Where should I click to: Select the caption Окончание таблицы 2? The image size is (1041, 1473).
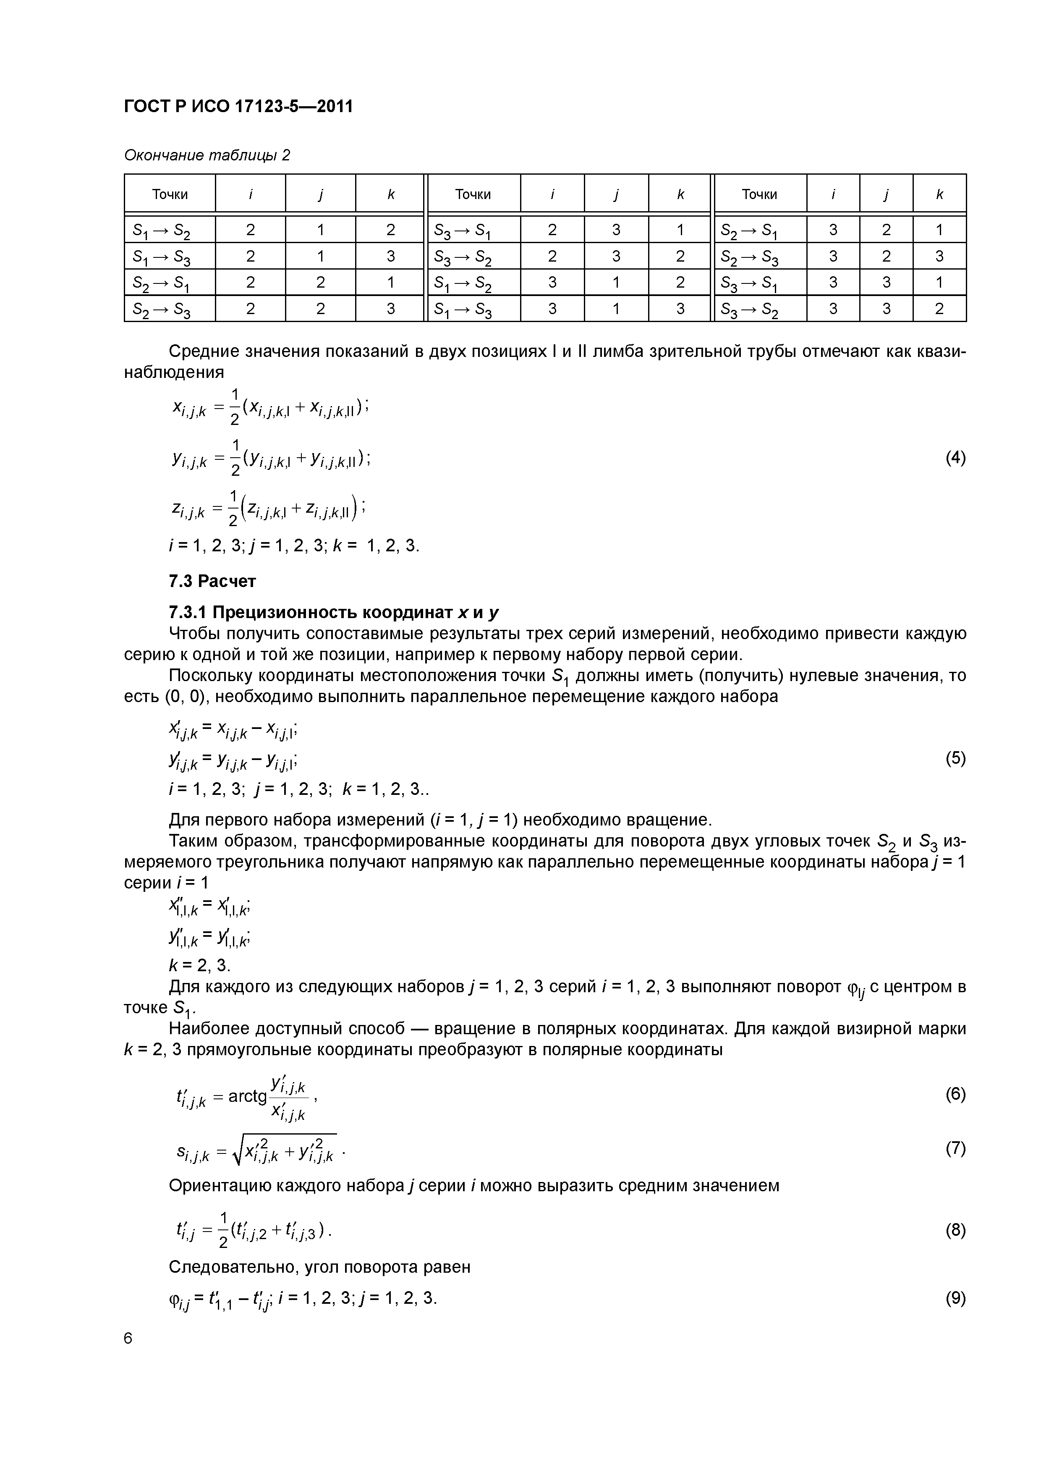click(207, 155)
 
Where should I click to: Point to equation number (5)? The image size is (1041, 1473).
click(955, 758)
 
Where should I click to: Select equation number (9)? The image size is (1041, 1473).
click(955, 1298)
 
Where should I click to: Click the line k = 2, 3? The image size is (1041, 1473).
click(199, 965)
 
